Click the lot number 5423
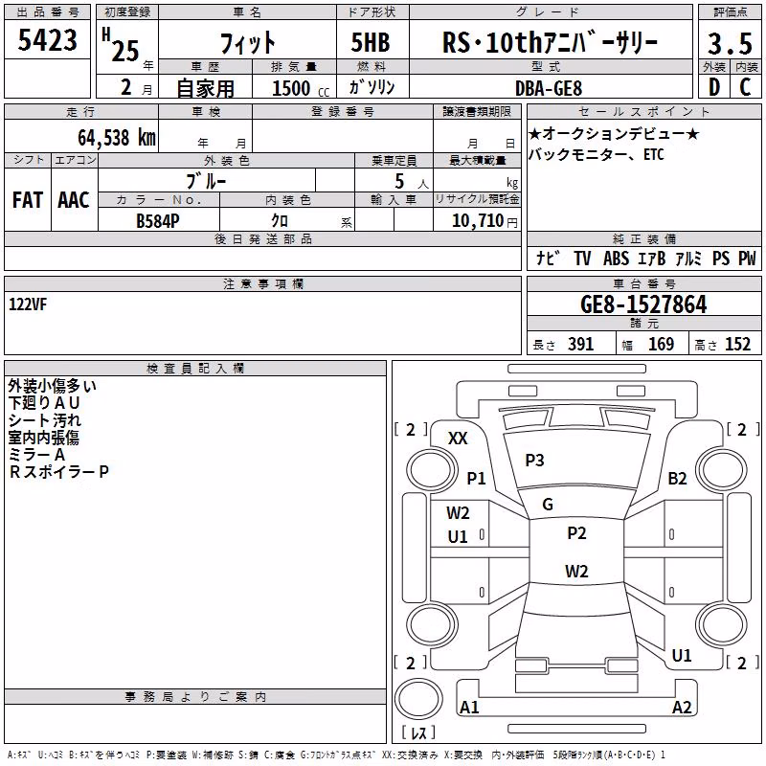(x=47, y=39)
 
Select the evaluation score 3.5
(x=730, y=43)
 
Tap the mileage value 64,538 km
(x=117, y=137)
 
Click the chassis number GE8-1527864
(x=643, y=304)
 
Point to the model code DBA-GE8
(x=549, y=88)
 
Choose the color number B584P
(x=158, y=221)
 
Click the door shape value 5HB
(x=371, y=42)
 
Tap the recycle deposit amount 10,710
(x=478, y=220)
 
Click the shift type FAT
(x=28, y=200)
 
